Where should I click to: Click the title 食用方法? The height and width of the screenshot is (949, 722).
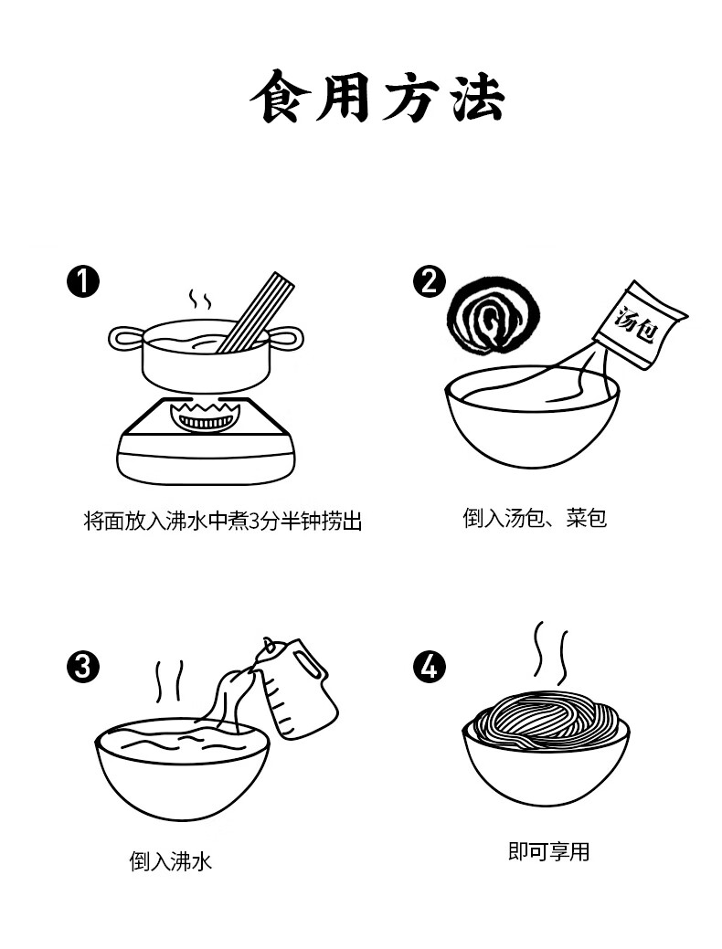coord(377,97)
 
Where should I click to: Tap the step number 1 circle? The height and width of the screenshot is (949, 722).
coord(83,281)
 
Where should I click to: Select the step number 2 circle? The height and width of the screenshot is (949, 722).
coord(429,281)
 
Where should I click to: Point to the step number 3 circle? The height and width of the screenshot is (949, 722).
coord(83,667)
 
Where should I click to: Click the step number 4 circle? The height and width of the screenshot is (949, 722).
coord(429,667)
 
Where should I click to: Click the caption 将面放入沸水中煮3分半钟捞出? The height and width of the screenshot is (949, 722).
coord(222,521)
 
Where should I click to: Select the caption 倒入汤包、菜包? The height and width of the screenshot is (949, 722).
coord(535,518)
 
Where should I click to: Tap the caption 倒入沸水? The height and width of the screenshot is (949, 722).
coord(171,861)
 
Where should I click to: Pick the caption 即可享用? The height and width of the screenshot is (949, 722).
coord(548,851)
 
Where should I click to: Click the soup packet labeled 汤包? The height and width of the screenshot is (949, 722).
coord(640,324)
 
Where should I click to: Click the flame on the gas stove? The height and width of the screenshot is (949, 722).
coord(206,417)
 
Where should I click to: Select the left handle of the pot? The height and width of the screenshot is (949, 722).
coord(126,339)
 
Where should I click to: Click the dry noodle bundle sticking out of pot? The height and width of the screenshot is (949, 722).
coord(256,313)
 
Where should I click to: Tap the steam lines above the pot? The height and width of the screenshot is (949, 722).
coord(200,299)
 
